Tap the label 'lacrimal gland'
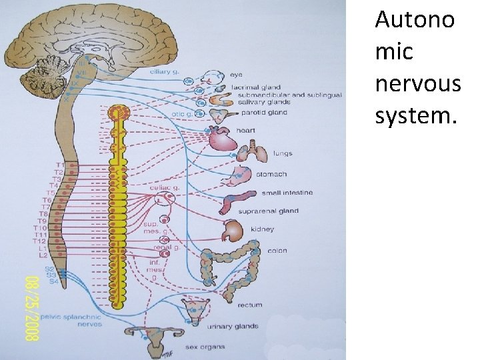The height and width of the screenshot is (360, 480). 255,87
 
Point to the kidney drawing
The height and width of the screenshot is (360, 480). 233,231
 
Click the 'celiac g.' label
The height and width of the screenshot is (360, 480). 166,188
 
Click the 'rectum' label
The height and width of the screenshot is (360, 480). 250,305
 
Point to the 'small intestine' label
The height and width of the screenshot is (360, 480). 287,193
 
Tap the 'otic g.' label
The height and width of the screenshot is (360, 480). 181,114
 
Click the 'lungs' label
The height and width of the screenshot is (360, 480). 282,153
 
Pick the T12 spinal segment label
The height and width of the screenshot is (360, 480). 41,241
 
